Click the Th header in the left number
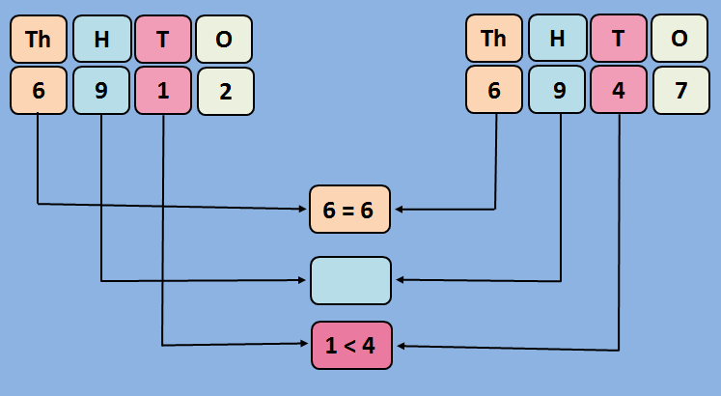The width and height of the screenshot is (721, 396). [x=39, y=39]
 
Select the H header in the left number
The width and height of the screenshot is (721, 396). [x=101, y=39]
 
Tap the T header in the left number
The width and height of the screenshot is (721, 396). [x=163, y=39]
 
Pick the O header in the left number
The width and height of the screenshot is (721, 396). [x=224, y=39]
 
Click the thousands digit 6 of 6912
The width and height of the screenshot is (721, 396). [x=39, y=91]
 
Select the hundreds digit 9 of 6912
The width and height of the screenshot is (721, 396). [x=101, y=91]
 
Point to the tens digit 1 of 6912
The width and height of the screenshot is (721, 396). [x=163, y=91]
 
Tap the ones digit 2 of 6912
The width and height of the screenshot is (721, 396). [x=225, y=91]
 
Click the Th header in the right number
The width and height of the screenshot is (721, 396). [x=494, y=39]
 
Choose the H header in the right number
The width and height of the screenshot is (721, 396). [x=557, y=39]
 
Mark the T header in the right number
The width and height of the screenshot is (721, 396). [x=619, y=39]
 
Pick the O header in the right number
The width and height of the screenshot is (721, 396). [x=679, y=39]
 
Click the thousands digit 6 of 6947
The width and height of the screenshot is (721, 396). [x=494, y=91]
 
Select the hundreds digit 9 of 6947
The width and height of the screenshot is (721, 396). [x=557, y=91]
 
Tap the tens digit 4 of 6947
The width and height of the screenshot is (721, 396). [x=619, y=91]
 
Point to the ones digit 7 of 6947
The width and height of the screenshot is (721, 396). [x=680, y=91]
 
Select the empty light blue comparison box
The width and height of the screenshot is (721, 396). [x=350, y=280]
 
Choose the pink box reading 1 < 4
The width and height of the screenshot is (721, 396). [x=350, y=345]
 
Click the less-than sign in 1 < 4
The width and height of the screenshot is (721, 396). [x=350, y=346]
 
